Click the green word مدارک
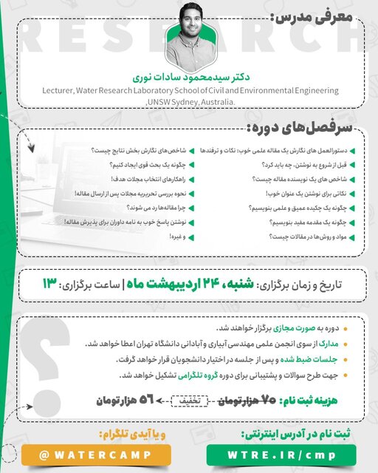click(x=330, y=344)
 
